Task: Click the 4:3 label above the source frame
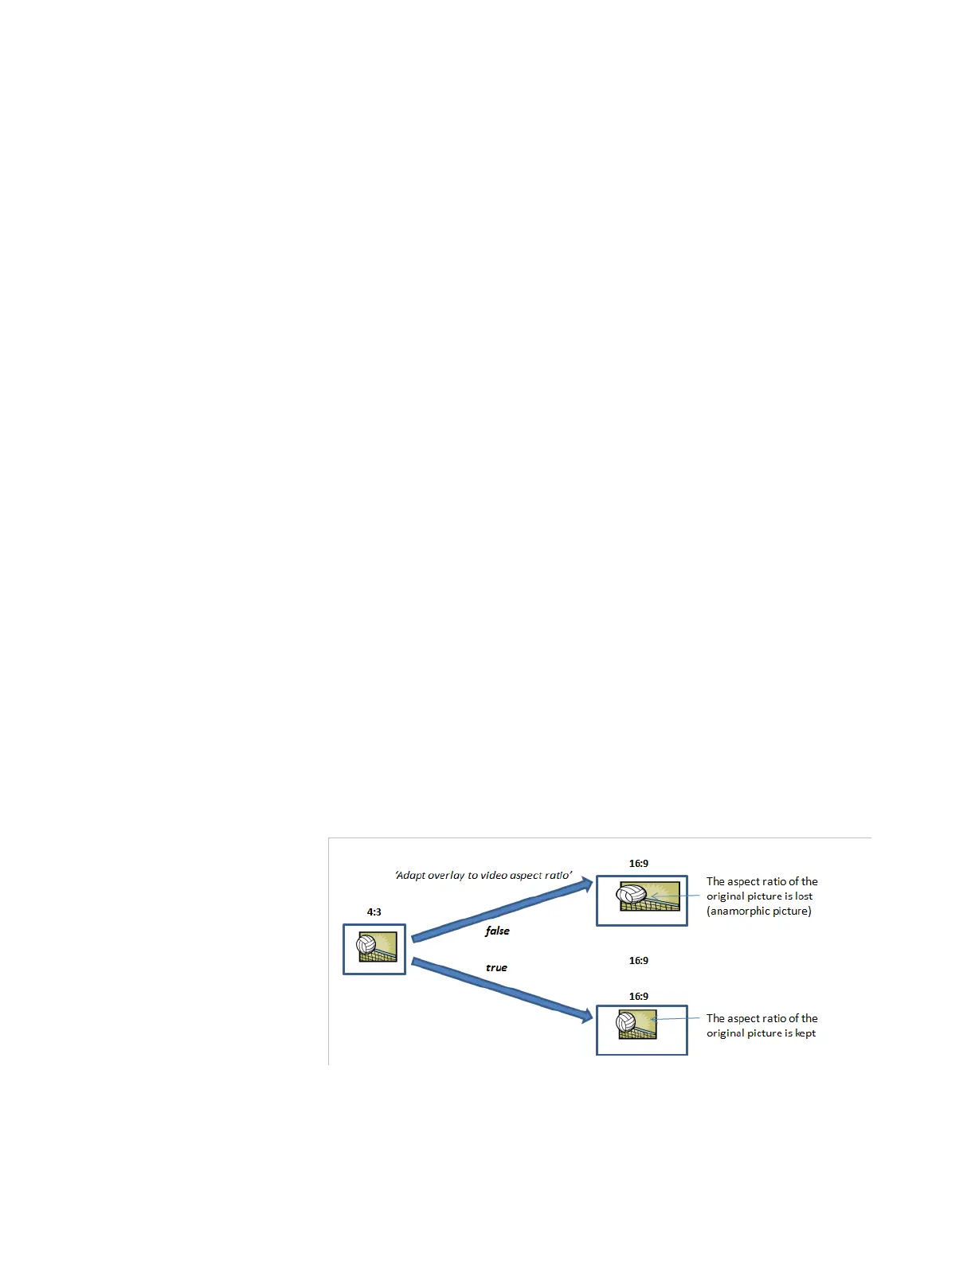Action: point(374,912)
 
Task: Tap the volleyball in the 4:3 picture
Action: point(366,945)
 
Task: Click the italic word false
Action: point(497,931)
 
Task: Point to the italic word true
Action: point(496,968)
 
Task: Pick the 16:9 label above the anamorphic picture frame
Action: point(639,864)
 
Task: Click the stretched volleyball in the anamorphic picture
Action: point(632,895)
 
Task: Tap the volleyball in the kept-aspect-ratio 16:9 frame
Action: point(626,1021)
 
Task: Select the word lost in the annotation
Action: point(804,896)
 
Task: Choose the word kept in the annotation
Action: point(805,1033)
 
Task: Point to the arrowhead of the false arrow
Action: point(587,883)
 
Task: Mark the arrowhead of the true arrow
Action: point(587,1016)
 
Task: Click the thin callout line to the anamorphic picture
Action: point(677,896)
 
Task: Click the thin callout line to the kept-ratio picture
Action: point(677,1018)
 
